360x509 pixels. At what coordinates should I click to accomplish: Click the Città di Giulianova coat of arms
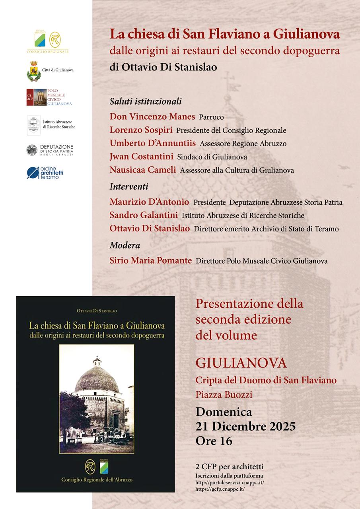click(x=33, y=71)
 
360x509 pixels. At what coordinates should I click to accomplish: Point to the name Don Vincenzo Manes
click(x=152, y=117)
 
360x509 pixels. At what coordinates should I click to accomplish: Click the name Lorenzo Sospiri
click(x=141, y=130)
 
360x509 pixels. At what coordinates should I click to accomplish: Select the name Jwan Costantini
click(x=141, y=157)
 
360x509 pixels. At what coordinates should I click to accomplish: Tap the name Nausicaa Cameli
click(x=142, y=170)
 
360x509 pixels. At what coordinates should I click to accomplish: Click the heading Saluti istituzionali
click(x=146, y=101)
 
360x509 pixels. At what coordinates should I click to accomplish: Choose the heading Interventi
click(x=129, y=187)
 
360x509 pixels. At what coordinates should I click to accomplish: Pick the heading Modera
click(x=125, y=245)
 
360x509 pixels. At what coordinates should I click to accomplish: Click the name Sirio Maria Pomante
click(x=150, y=261)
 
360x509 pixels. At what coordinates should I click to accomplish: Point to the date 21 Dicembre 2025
click(x=245, y=426)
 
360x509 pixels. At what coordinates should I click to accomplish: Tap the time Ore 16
click(x=214, y=441)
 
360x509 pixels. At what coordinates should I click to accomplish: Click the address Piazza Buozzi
click(x=224, y=395)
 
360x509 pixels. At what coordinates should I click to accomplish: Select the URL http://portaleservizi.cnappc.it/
click(x=230, y=483)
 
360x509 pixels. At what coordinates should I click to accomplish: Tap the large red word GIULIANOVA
click(x=241, y=363)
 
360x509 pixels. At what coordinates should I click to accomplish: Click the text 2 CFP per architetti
click(x=230, y=466)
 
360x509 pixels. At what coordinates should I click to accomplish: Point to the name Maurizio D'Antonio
click(x=149, y=202)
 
